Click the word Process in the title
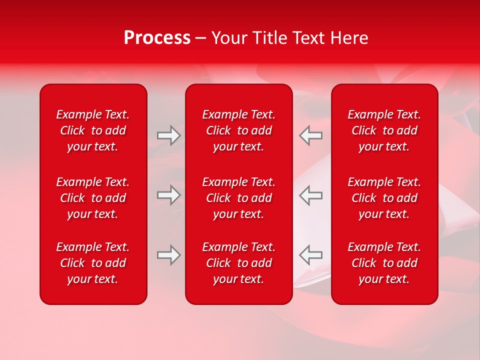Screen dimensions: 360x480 pyautogui.click(x=157, y=38)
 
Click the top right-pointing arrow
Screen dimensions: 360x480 pyautogui.click(x=168, y=135)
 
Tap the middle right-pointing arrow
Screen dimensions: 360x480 pyautogui.click(x=168, y=195)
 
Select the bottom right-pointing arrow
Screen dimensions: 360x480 pyautogui.click(x=168, y=254)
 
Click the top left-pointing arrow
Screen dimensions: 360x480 pyautogui.click(x=311, y=135)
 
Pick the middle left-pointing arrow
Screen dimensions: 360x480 pyautogui.click(x=311, y=195)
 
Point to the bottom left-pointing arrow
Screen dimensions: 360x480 pyautogui.click(x=311, y=254)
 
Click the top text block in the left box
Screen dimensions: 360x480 pyautogui.click(x=93, y=130)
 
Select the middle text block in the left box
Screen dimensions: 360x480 pyautogui.click(x=93, y=198)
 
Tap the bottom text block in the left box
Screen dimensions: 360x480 pyautogui.click(x=93, y=263)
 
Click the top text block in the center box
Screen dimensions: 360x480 pyautogui.click(x=239, y=130)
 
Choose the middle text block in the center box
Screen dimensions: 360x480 pyautogui.click(x=239, y=198)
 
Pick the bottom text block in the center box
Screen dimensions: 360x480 pyautogui.click(x=239, y=263)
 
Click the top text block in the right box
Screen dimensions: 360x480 pyautogui.click(x=384, y=130)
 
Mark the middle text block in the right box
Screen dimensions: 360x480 pyautogui.click(x=384, y=198)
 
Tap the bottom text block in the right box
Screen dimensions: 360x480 pyautogui.click(x=384, y=263)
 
